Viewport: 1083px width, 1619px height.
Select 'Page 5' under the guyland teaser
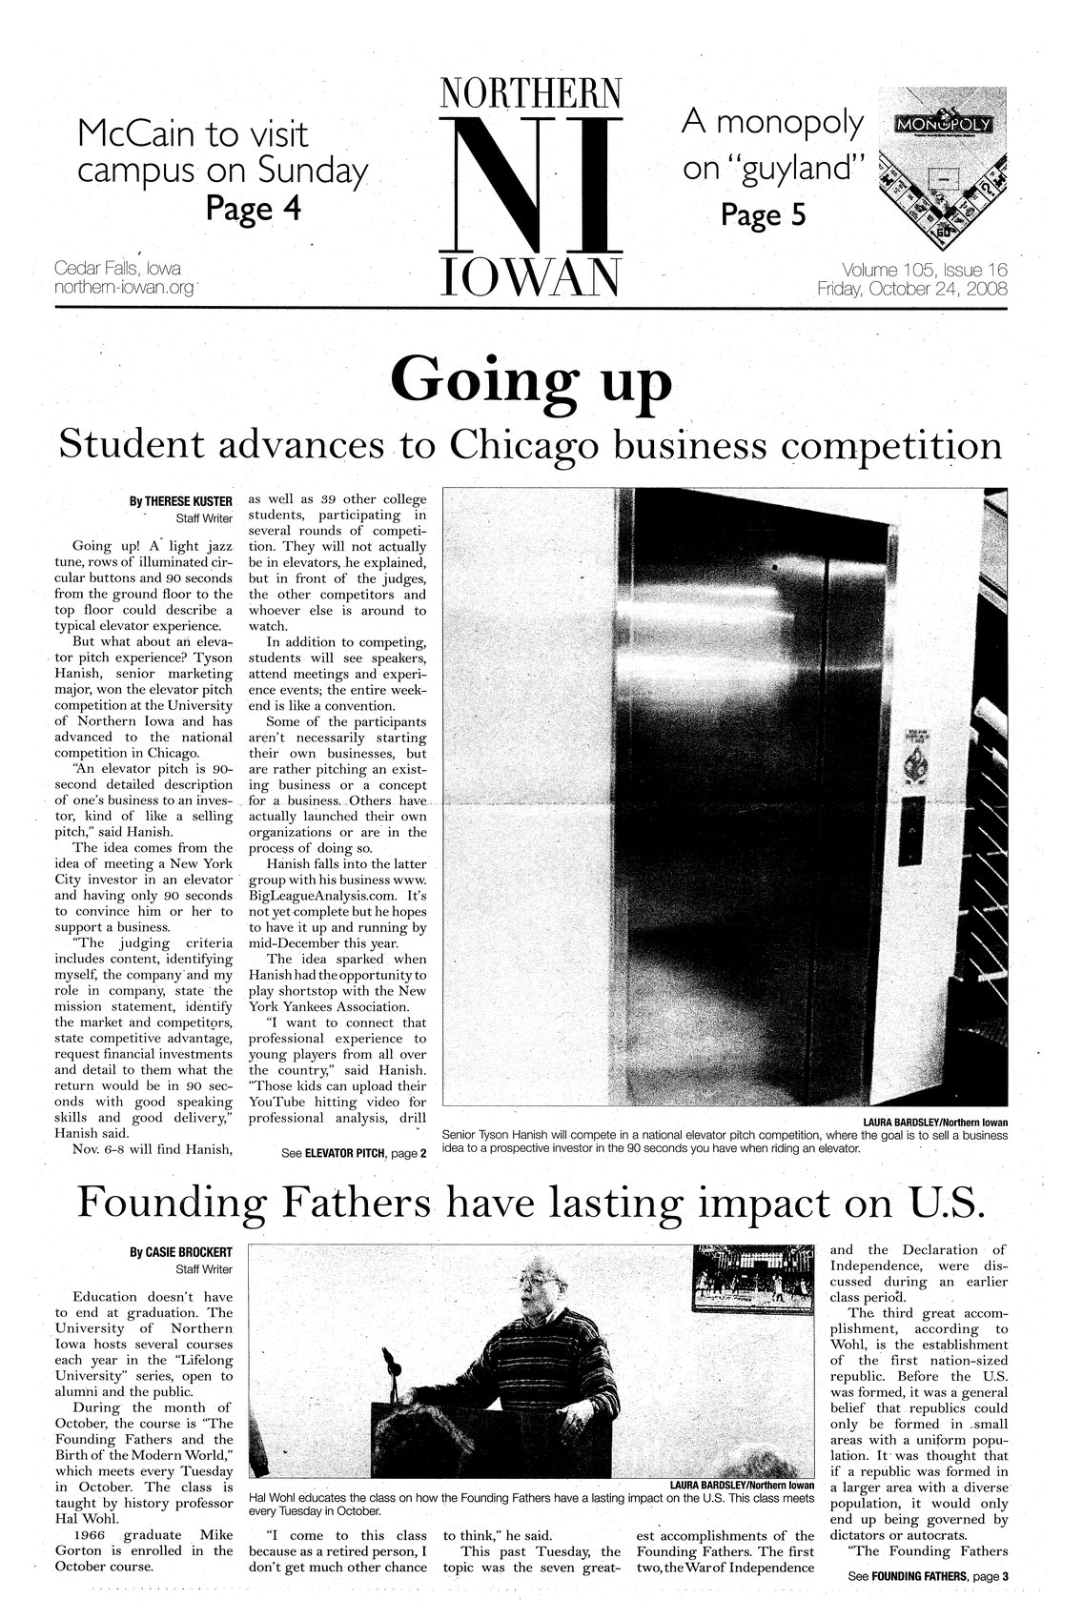[763, 216]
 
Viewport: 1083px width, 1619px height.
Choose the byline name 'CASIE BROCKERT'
[181, 1250]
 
